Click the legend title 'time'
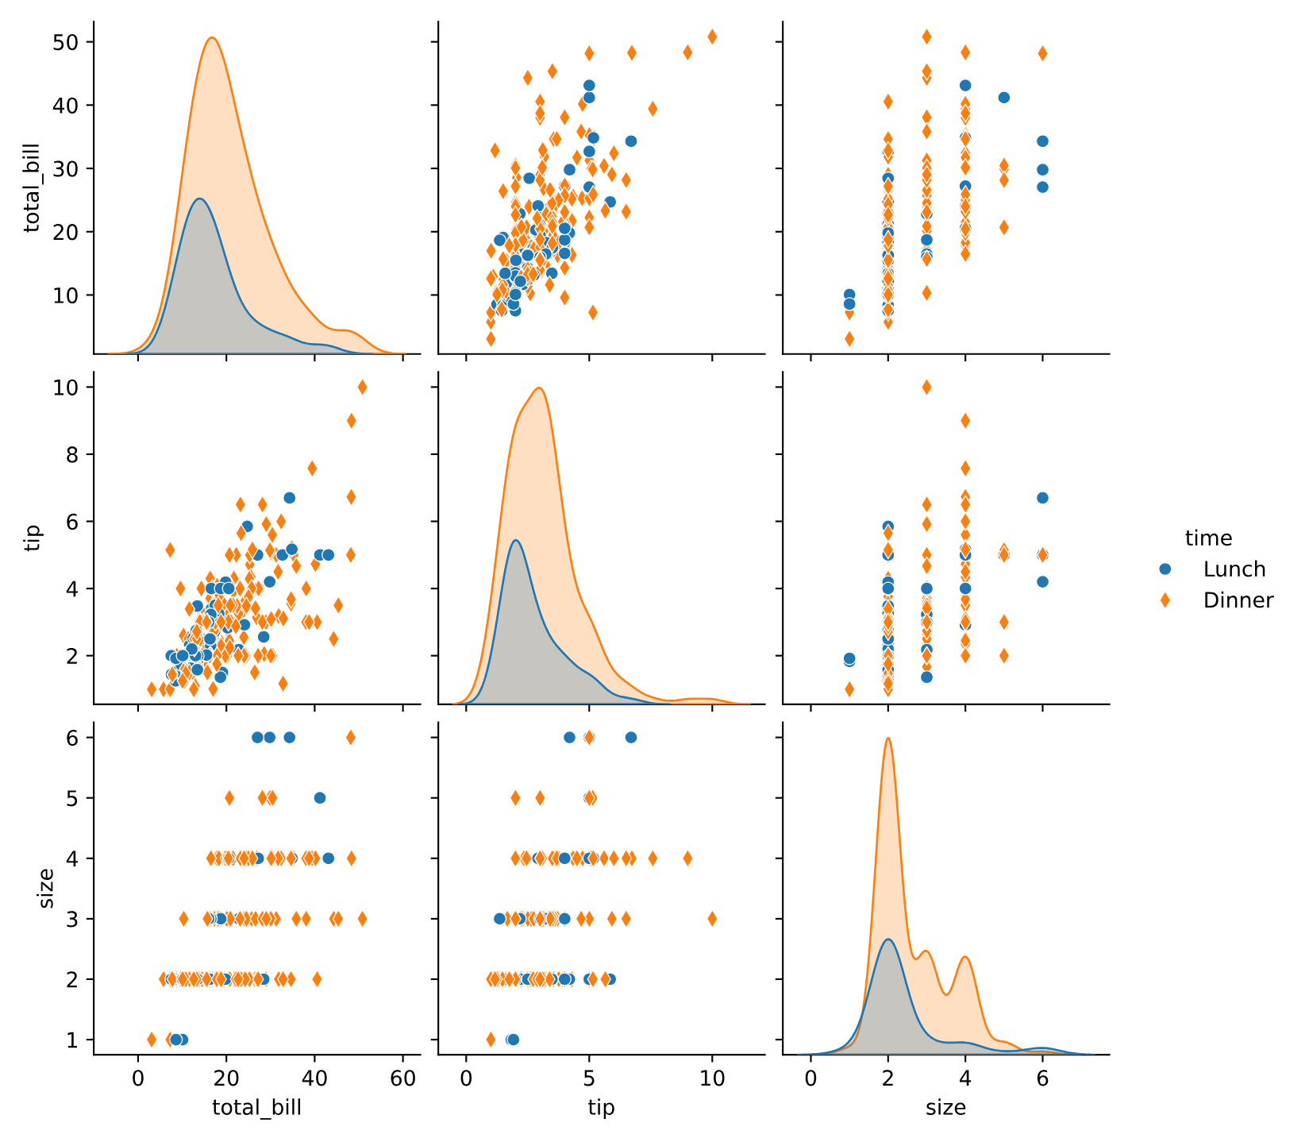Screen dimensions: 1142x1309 click(x=1208, y=538)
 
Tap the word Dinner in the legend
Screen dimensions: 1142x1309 click(x=1238, y=600)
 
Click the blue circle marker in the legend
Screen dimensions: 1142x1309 click(x=1165, y=569)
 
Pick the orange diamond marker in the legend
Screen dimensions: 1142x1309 click(x=1165, y=600)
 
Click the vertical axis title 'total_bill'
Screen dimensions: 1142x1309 click(x=33, y=187)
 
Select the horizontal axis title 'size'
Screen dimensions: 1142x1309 click(x=945, y=1108)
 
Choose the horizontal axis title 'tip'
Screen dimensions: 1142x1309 click(x=601, y=1108)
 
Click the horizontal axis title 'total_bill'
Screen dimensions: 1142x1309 click(x=256, y=1108)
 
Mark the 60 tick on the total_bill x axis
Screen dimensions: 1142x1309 click(x=402, y=1080)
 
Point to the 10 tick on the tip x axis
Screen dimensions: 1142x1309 click(x=712, y=1080)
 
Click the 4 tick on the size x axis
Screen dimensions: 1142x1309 click(x=965, y=1080)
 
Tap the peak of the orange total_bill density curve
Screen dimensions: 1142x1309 click(x=212, y=37)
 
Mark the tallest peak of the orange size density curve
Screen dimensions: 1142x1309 click(x=887, y=738)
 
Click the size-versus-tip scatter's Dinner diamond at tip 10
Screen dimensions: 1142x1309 click(x=712, y=919)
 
